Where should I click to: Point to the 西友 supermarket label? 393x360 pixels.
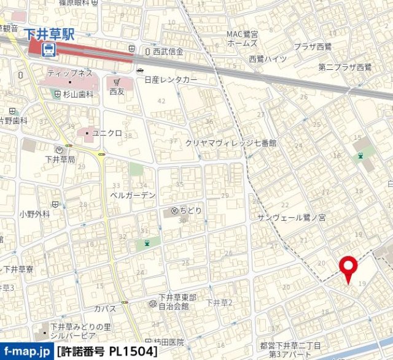click(117, 91)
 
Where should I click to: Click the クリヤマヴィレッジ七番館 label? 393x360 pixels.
click(231, 142)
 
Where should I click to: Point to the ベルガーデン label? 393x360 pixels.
click(133, 195)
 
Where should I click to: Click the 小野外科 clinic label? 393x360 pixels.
click(34, 214)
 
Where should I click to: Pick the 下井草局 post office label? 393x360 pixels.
click(60, 159)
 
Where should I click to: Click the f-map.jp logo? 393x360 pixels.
click(26, 352)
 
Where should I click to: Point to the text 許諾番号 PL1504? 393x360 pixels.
click(106, 353)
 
